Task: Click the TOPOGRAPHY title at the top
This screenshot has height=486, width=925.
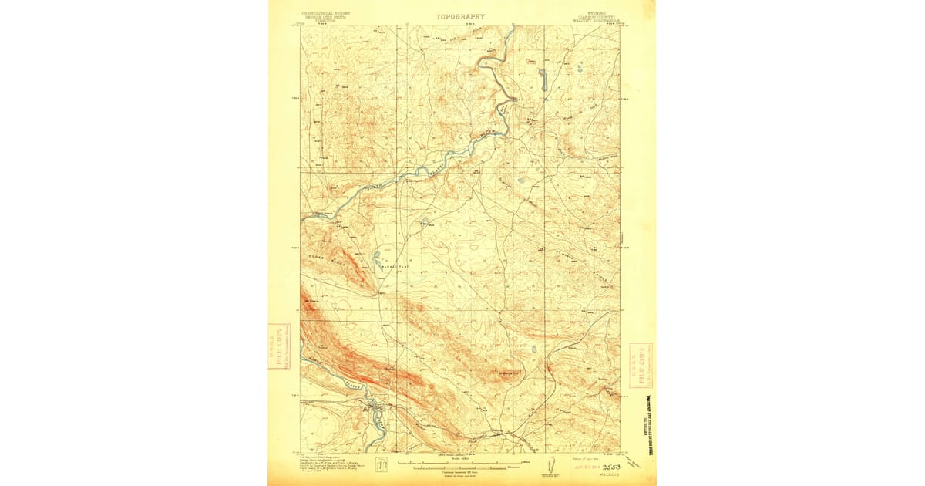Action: [x=460, y=16]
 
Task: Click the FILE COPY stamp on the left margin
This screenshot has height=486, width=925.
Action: [x=279, y=346]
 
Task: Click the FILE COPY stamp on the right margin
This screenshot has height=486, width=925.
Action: [x=641, y=365]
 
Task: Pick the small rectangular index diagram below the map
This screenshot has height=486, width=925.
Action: [x=381, y=466]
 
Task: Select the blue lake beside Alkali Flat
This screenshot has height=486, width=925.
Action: [x=377, y=259]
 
